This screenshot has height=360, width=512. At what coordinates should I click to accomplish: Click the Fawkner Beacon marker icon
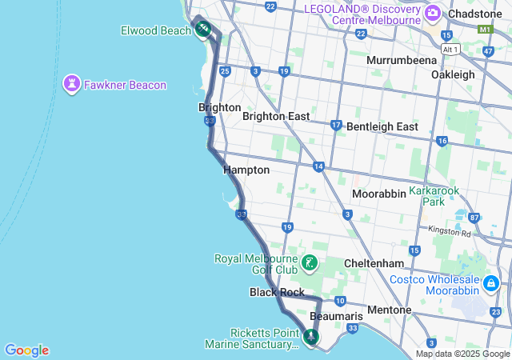[72, 82]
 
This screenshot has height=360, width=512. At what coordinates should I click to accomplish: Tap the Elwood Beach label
[155, 30]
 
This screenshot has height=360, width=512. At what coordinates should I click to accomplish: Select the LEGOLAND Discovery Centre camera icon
[433, 13]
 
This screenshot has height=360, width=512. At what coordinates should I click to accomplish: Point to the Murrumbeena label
[402, 60]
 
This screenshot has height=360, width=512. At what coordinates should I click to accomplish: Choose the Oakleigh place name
[453, 74]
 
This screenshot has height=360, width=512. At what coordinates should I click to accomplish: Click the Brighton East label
[276, 116]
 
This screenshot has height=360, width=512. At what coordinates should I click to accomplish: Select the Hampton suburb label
[246, 170]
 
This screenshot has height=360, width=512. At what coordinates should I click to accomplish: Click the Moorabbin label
[379, 194]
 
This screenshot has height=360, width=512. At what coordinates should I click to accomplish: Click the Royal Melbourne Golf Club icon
[310, 263]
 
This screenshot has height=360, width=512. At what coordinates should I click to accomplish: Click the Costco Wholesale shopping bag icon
[490, 282]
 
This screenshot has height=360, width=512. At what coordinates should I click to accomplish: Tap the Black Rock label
[277, 293]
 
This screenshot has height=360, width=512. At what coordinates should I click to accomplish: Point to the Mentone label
[389, 310]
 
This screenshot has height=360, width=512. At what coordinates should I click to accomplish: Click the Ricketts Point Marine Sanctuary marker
[310, 338]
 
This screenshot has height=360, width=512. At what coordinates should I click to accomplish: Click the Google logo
[26, 350]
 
